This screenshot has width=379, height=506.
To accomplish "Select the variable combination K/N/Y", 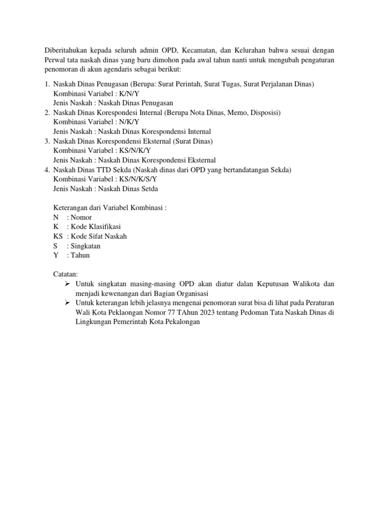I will click(130, 93).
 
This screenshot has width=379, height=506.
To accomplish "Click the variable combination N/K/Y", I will click(130, 122).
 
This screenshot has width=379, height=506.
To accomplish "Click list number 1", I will click(47, 84).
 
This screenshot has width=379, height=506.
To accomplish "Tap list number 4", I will click(47, 170).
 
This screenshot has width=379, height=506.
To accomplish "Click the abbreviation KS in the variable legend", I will click(58, 236).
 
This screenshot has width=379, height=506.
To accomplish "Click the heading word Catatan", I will click(66, 274).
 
